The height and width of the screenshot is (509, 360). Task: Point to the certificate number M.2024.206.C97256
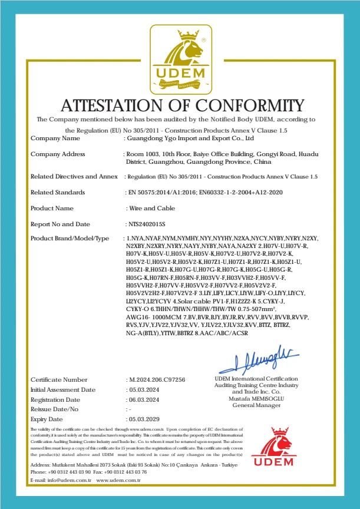click(156, 380)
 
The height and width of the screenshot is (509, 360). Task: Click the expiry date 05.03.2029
click(143, 419)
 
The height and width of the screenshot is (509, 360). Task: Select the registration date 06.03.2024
click(143, 399)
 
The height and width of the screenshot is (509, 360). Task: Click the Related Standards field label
click(58, 192)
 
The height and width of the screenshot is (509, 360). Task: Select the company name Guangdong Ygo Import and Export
click(190, 138)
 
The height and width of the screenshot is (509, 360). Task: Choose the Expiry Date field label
click(48, 419)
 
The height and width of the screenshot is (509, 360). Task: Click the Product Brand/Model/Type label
click(70, 238)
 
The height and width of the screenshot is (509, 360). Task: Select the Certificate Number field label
click(59, 380)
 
